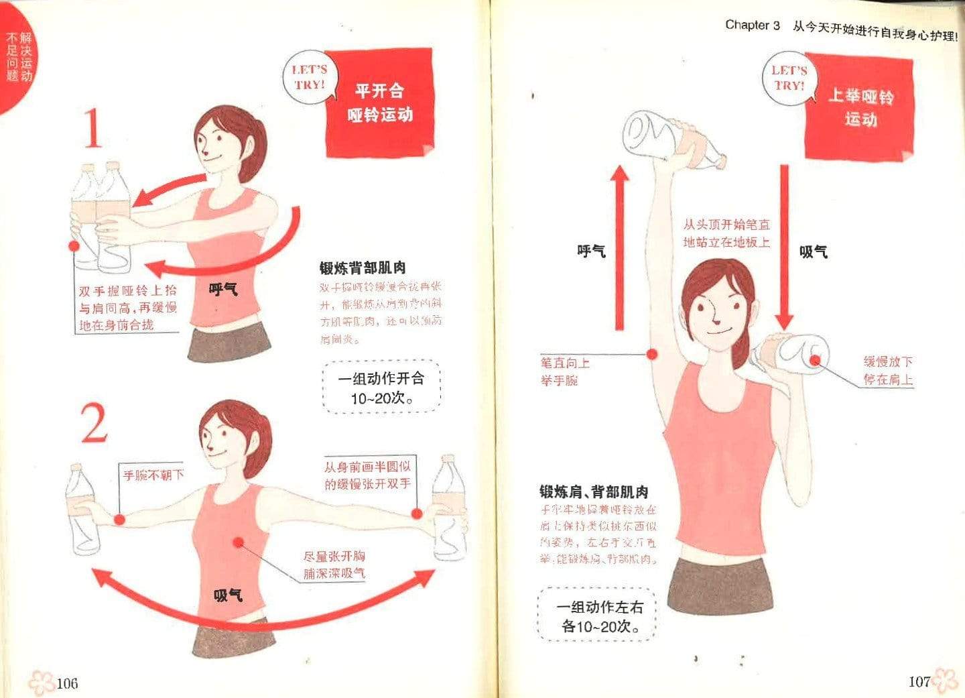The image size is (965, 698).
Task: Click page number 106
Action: pos(67,683)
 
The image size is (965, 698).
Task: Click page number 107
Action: pos(919,681)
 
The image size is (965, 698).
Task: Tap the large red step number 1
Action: pos(93,129)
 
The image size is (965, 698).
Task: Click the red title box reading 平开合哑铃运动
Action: pos(380,103)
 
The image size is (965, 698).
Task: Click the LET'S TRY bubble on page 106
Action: pos(309,77)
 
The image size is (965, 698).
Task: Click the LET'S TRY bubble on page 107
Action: pos(788,78)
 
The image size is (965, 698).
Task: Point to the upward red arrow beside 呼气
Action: pos(620,248)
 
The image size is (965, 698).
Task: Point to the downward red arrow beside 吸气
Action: pos(785,248)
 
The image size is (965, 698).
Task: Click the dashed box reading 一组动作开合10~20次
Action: pos(381,388)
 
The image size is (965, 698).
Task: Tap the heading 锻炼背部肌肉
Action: pos(363,268)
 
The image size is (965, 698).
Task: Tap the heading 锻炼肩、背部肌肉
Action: pos(594,491)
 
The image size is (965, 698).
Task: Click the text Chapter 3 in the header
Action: pos(752,25)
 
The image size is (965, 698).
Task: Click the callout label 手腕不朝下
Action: pos(153,475)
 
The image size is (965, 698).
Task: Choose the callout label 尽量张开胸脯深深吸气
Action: pos(334,565)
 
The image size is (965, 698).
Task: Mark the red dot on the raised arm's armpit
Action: pos(651,355)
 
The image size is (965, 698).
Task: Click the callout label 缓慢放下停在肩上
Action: pos(887,370)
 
